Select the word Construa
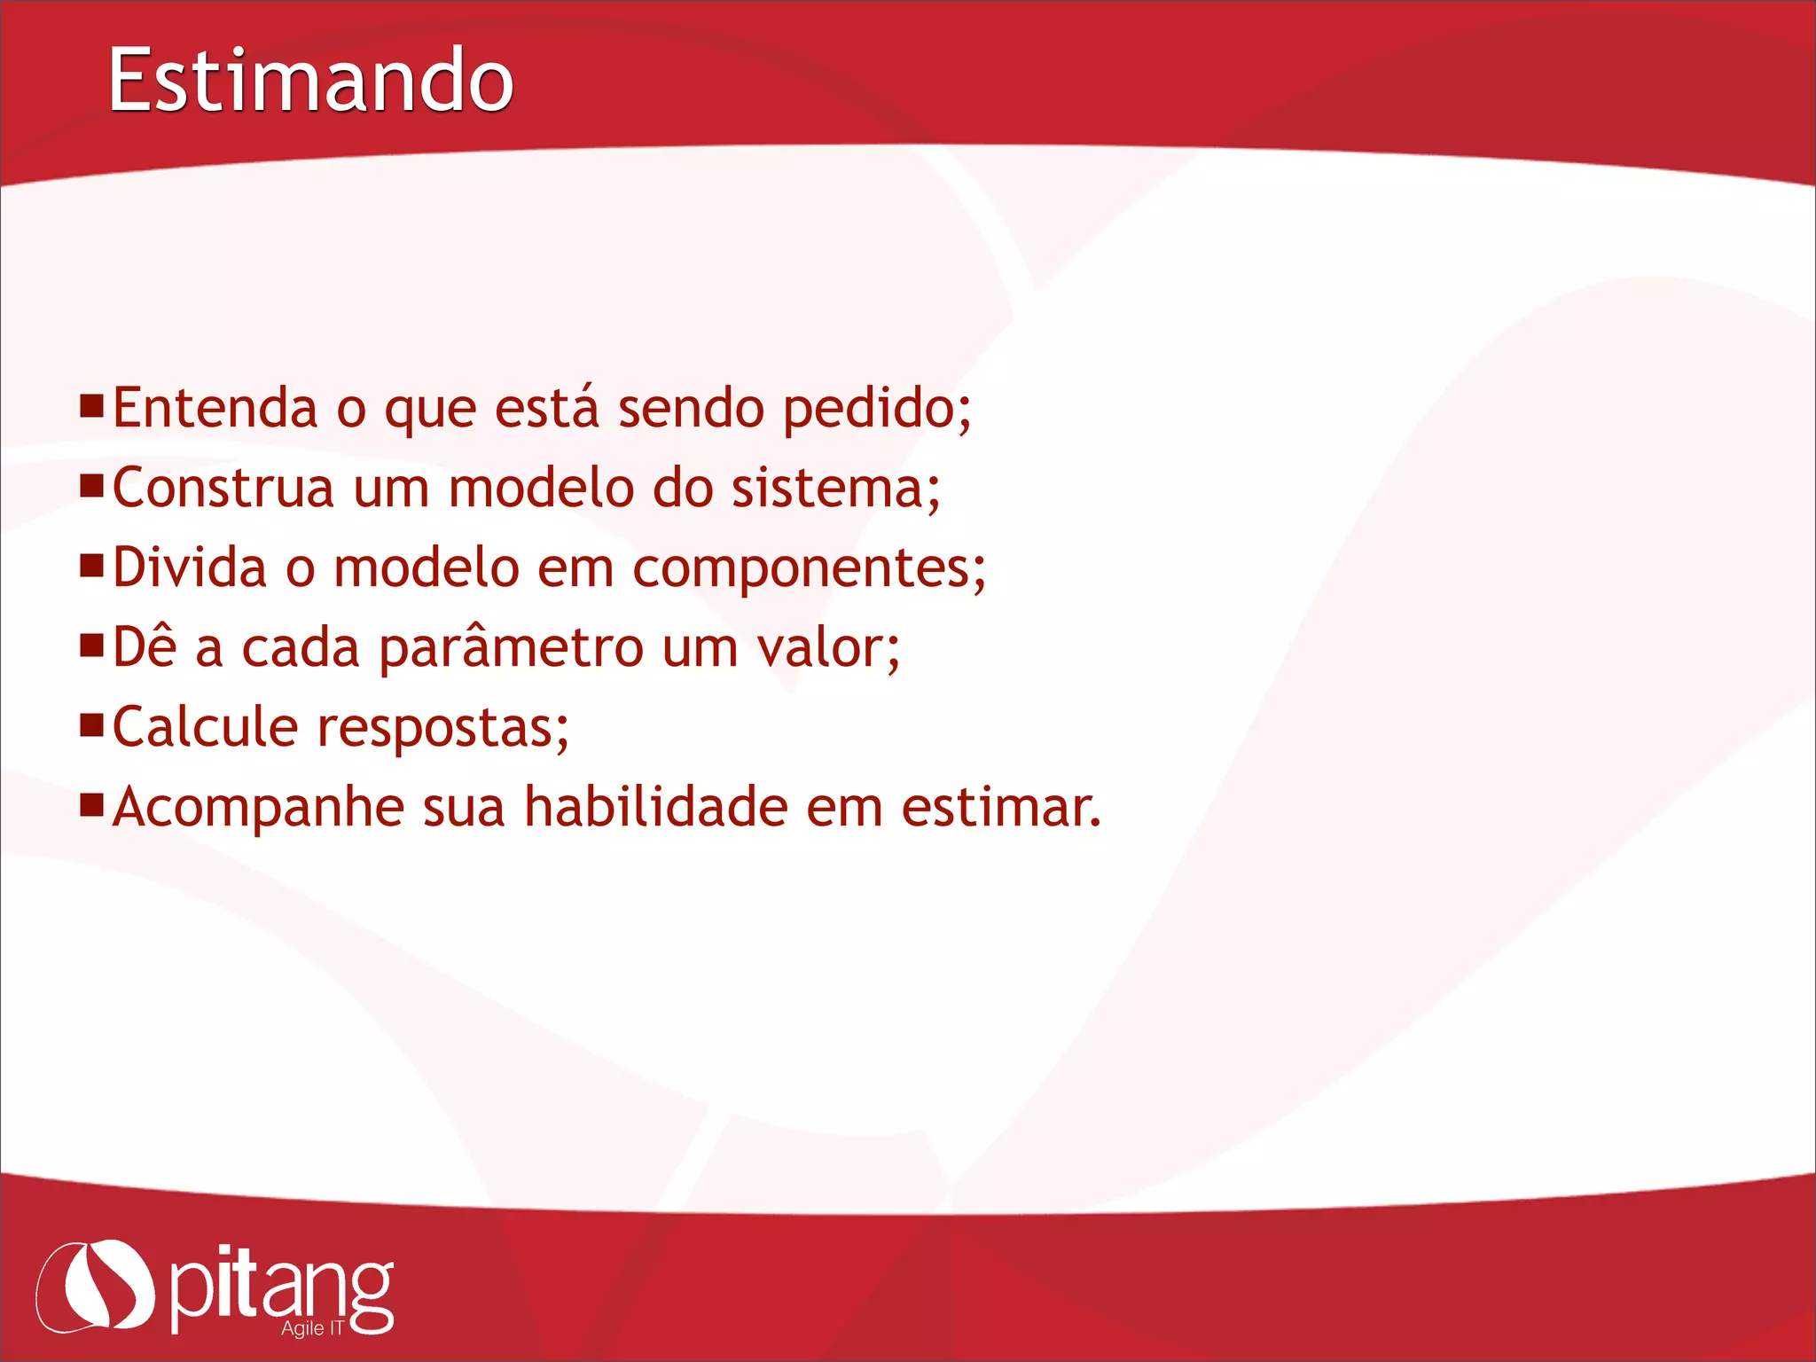point(223,489)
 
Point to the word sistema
point(834,489)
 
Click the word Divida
point(189,568)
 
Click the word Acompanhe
point(258,809)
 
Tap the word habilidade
point(655,808)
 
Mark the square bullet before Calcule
point(92,724)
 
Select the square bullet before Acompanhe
point(92,804)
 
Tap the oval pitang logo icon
point(96,1286)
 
